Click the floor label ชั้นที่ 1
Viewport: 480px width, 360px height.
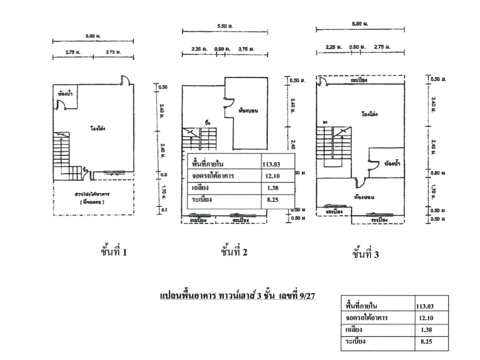click(114, 252)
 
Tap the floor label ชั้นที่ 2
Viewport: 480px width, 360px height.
click(234, 252)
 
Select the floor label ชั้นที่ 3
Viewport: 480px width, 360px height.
click(365, 254)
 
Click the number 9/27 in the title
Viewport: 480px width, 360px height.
click(307, 295)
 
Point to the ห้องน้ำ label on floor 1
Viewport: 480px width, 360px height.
click(65, 94)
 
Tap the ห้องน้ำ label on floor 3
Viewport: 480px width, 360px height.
click(392, 164)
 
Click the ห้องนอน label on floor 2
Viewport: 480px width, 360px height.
click(248, 110)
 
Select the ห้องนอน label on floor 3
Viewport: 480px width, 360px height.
click(364, 197)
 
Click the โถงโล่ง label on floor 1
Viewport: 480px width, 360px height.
click(98, 128)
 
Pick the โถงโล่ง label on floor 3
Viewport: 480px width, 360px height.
click(369, 114)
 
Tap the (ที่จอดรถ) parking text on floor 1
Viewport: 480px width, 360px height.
click(92, 202)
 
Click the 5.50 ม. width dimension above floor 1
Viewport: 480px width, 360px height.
click(93, 36)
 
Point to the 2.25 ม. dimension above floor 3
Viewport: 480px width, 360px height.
click(334, 47)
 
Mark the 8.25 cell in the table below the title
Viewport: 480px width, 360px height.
click(426, 341)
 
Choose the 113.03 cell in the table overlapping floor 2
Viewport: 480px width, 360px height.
click(271, 164)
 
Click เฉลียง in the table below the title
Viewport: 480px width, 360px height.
click(354, 330)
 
